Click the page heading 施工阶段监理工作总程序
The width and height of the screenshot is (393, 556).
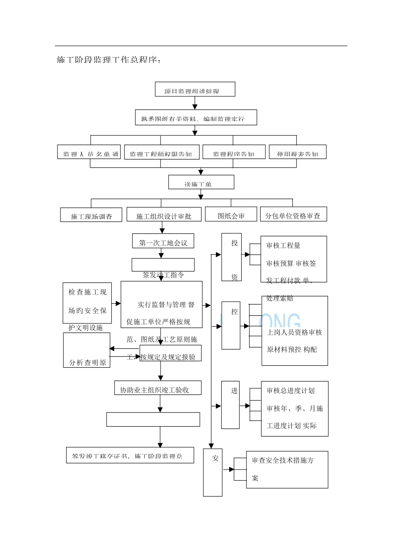[108, 60]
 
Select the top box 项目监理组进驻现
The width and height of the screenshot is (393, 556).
[195, 89]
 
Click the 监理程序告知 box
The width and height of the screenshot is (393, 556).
[234, 152]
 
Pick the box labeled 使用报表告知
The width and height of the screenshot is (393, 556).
[297, 152]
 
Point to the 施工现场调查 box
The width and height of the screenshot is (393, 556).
[91, 215]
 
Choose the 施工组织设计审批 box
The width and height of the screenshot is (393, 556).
[164, 215]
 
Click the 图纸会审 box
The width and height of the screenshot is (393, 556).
[231, 215]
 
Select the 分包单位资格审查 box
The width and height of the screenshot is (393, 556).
[293, 215]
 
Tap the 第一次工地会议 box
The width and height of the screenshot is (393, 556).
[163, 242]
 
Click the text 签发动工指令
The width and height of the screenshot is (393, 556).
[163, 275]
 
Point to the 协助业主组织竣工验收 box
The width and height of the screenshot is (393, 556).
[158, 388]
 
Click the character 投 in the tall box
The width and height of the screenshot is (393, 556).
[234, 243]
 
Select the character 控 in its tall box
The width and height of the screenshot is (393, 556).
[234, 312]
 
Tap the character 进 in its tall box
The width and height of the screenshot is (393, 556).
[234, 391]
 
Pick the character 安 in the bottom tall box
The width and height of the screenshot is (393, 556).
[215, 458]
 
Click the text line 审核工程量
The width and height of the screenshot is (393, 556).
[283, 246]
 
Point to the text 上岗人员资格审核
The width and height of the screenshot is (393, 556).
[294, 332]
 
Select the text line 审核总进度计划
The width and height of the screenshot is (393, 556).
[290, 391]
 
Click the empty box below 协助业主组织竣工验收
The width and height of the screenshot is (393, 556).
[153, 419]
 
